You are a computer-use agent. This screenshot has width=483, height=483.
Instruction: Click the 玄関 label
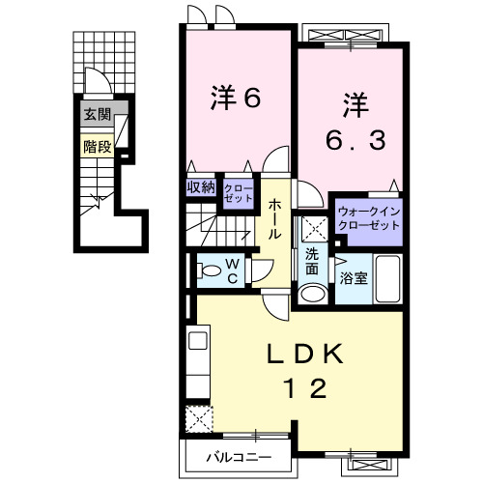(97, 115)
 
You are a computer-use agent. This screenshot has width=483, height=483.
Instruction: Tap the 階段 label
(97, 147)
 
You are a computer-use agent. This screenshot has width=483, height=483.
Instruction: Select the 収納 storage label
(201, 188)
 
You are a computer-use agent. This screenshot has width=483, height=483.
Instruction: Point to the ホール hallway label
(275, 220)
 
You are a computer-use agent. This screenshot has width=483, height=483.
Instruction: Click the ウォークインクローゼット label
(368, 217)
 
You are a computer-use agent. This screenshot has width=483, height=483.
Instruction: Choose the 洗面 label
(313, 262)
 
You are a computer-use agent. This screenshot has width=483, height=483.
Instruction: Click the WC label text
(233, 269)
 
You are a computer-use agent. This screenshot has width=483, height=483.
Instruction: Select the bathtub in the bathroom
(389, 280)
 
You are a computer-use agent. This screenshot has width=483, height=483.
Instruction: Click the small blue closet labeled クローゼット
(238, 190)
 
